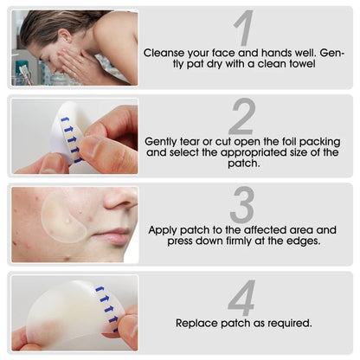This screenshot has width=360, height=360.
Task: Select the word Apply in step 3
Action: tap(164, 230)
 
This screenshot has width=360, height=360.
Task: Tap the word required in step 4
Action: tap(290, 323)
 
